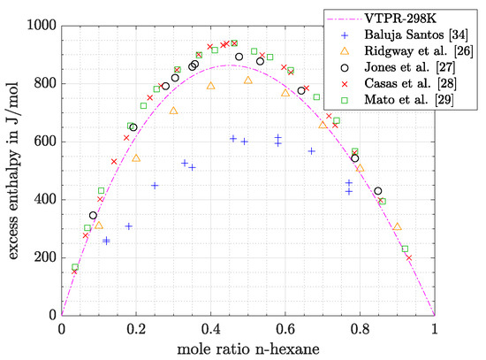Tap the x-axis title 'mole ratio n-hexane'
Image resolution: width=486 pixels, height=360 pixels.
tap(247, 348)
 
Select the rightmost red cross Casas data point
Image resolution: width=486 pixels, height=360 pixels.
tap(409, 257)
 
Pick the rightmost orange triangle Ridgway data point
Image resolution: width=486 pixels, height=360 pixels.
tap(398, 226)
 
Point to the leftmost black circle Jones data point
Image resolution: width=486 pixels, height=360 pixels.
tap(93, 215)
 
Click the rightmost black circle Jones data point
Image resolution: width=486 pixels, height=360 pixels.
tap(378, 191)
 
